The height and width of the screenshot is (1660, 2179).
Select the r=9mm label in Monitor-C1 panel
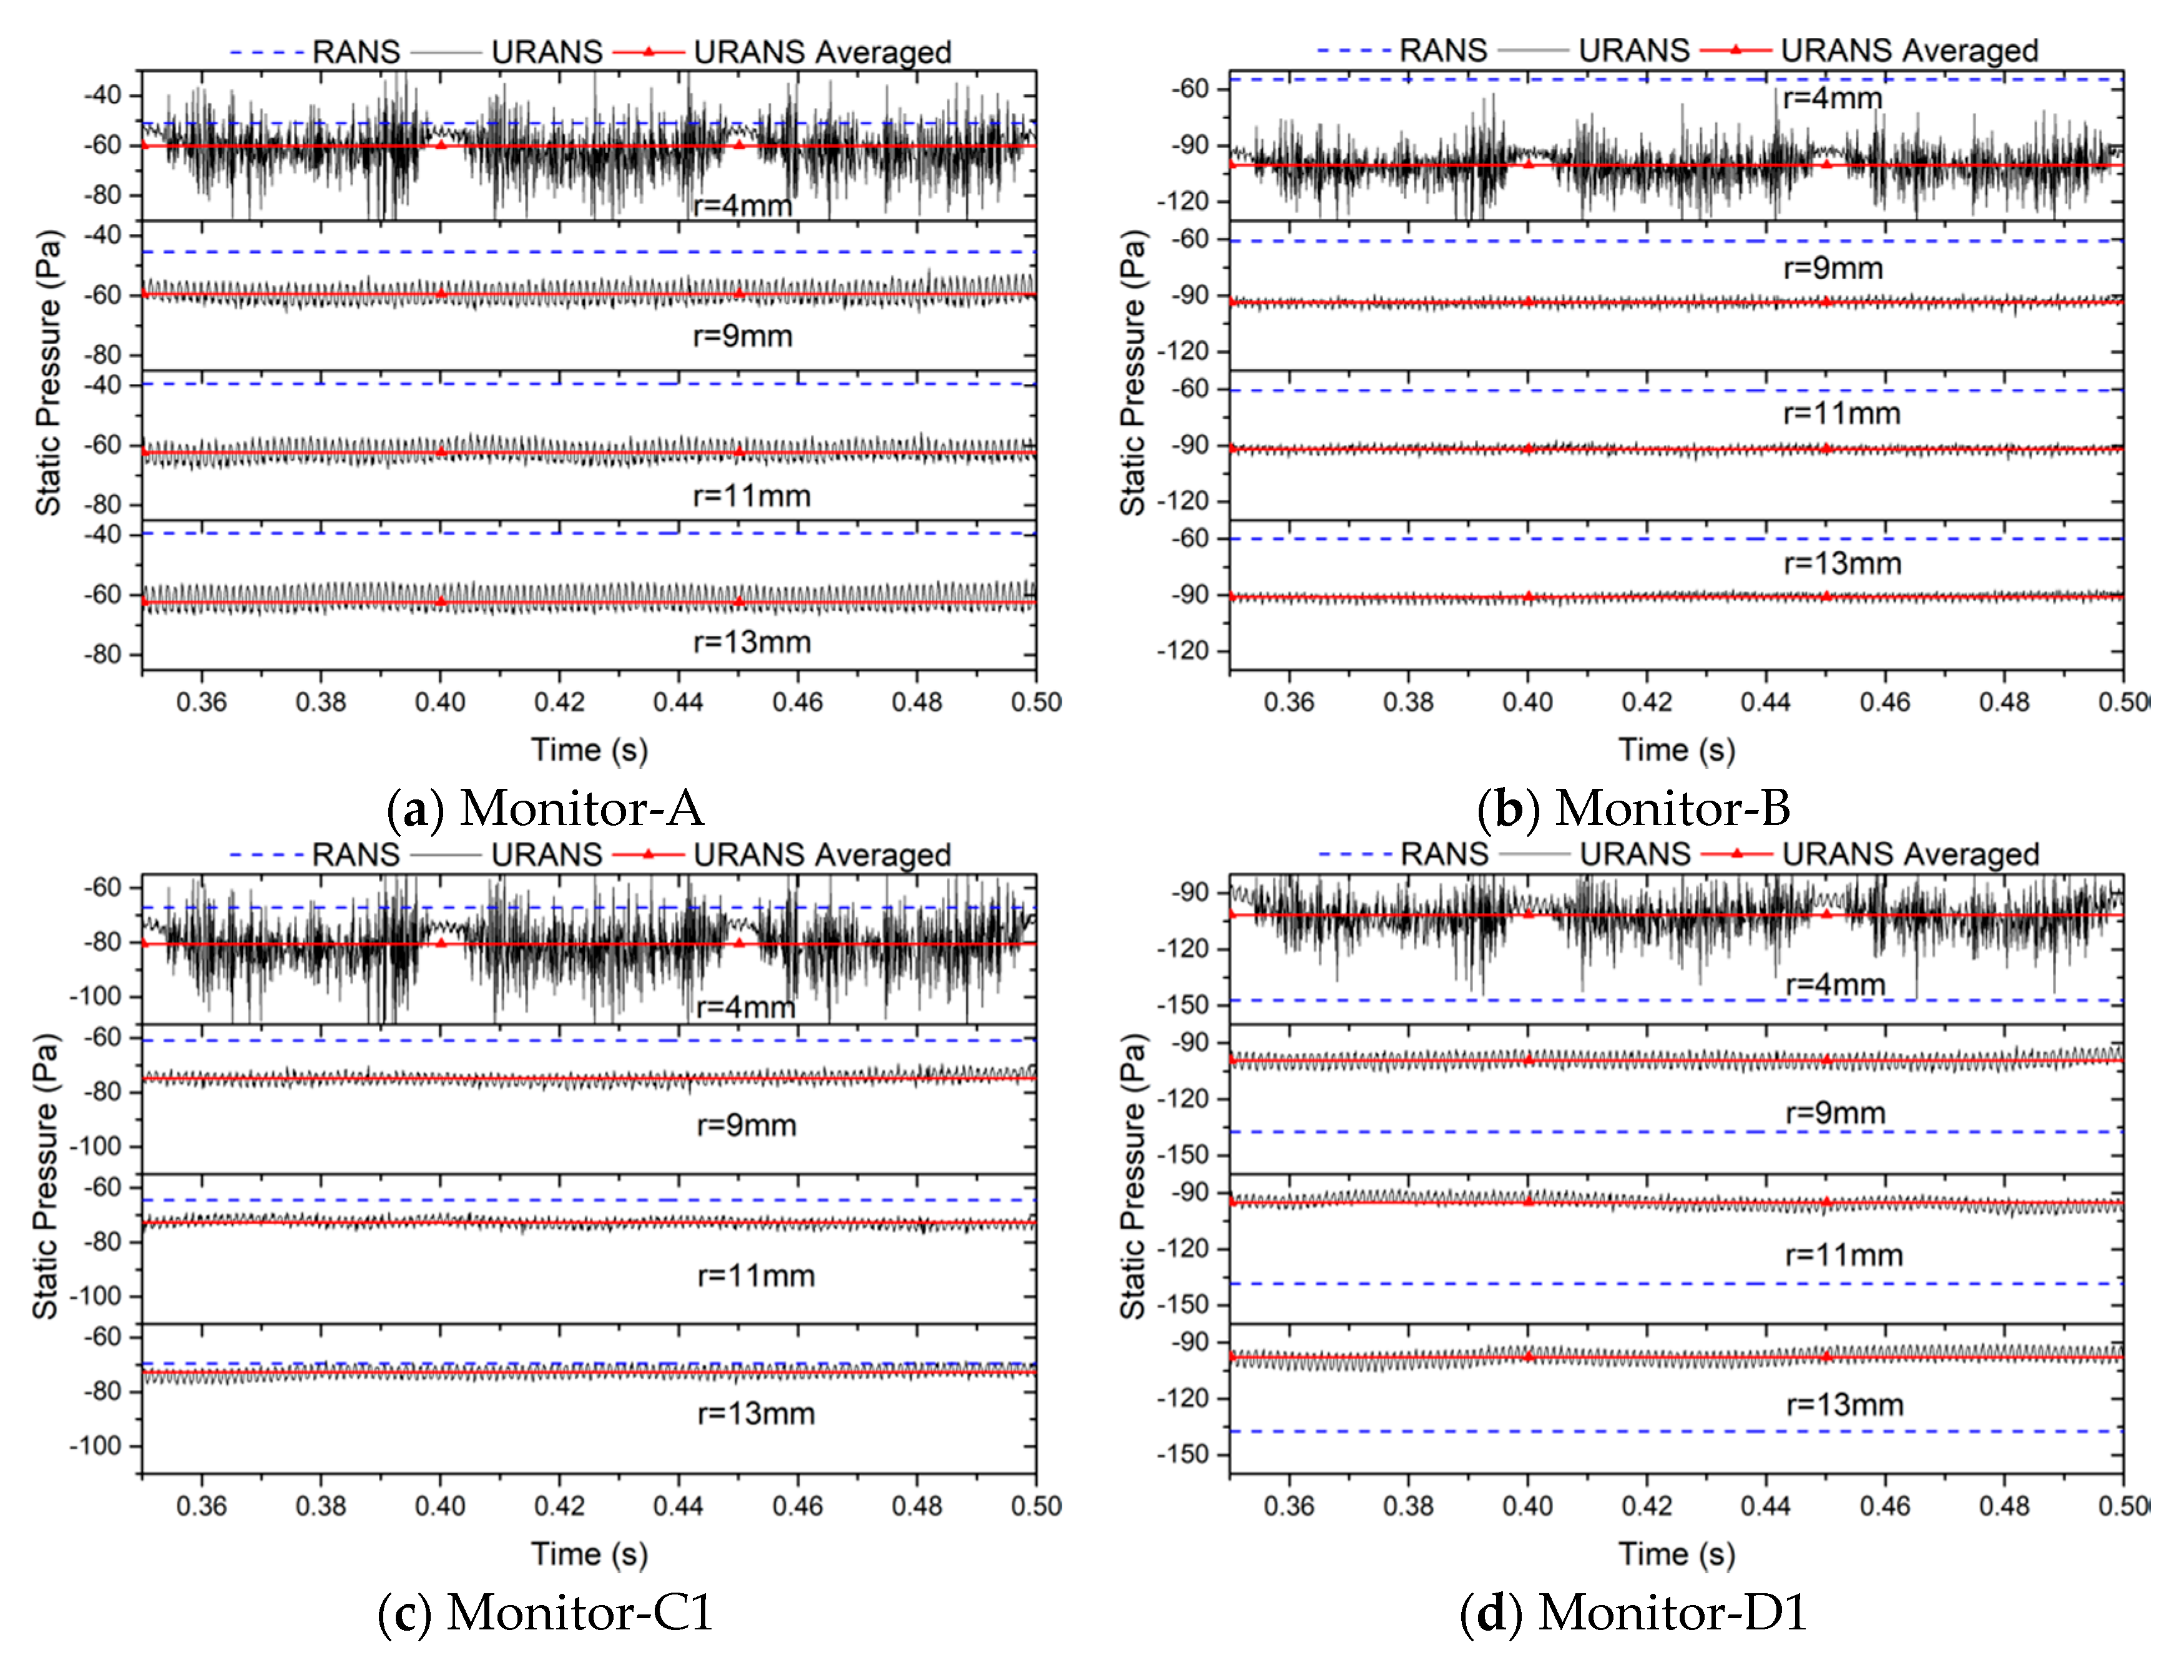point(746,1125)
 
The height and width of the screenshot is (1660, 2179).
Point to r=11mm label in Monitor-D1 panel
point(1843,1255)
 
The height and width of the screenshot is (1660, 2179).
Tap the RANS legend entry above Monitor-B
point(1443,51)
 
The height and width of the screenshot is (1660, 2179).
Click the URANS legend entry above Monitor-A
point(547,51)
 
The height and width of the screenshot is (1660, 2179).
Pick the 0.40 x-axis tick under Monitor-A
point(440,703)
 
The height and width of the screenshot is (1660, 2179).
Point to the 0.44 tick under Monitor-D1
point(1765,1506)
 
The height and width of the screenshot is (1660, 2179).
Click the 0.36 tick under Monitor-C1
point(202,1506)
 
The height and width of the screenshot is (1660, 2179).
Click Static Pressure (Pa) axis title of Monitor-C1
point(46,1176)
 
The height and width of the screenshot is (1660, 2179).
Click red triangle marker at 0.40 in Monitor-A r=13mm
point(441,601)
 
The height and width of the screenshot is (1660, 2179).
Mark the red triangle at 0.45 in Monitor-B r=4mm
point(1826,163)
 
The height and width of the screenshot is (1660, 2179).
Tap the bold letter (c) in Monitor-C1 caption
point(404,1613)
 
